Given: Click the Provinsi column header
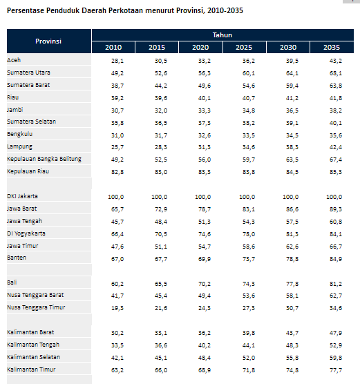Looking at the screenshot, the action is (48, 41).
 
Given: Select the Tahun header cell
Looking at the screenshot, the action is (222, 35).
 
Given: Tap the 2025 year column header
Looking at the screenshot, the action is (244, 47).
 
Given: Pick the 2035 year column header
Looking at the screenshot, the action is (332, 47).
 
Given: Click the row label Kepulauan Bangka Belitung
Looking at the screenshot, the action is (44, 159).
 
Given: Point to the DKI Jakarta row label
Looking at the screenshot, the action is (22, 196).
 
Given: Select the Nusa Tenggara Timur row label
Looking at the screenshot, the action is (36, 307).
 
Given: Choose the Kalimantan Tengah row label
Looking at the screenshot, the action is (33, 345).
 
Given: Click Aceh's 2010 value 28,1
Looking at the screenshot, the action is (117, 61).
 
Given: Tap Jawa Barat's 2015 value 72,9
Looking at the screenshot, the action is (161, 209).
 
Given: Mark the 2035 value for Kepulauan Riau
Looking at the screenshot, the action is (336, 172).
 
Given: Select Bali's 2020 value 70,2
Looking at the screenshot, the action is (205, 284).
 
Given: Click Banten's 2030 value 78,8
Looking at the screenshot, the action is (292, 259).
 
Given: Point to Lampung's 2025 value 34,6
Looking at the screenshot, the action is (249, 147).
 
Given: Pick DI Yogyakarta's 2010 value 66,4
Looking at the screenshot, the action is (117, 234).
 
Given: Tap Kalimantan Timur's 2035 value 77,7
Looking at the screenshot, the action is (336, 370).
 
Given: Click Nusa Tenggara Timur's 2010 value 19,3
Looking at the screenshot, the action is (117, 308).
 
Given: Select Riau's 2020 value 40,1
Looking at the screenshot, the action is (205, 98).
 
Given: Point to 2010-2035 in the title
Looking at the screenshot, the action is (225, 10).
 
